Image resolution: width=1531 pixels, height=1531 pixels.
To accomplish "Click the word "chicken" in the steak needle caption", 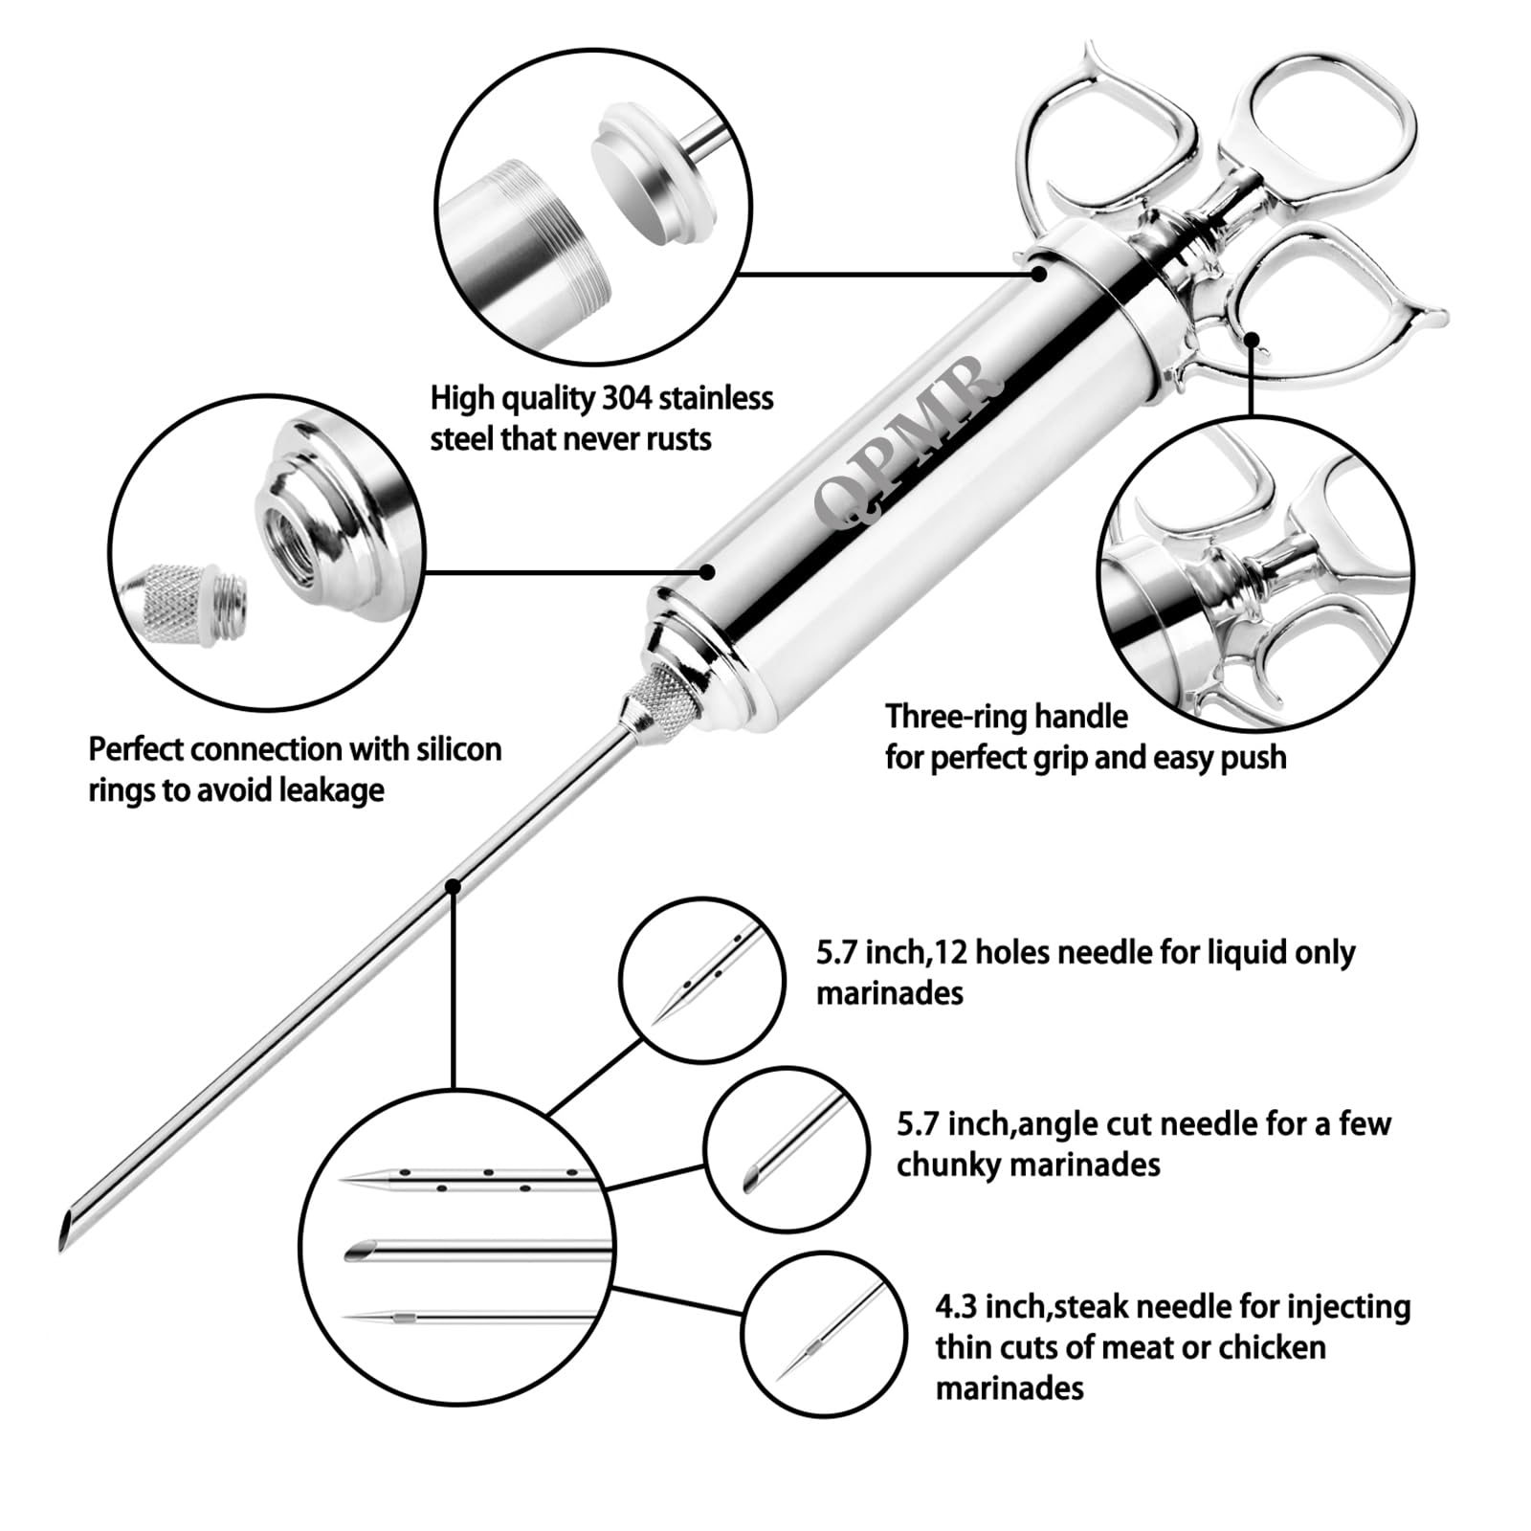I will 1273,1347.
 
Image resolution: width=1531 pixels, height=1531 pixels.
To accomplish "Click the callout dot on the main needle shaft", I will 454,886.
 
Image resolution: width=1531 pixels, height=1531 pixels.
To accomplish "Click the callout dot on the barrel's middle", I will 707,571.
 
